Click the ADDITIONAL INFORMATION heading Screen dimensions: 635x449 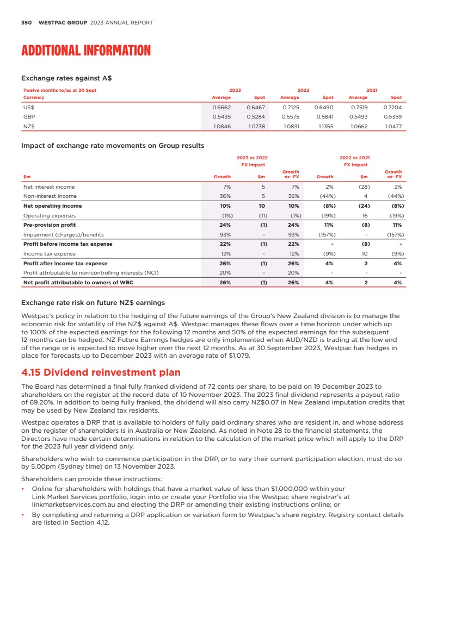coord(85,51)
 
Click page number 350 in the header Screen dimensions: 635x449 coord(26,23)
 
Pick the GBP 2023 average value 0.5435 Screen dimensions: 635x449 coord(221,117)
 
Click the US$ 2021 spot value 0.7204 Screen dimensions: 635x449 coord(392,108)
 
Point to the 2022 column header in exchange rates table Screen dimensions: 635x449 coord(303,90)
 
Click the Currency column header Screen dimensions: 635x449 coord(34,98)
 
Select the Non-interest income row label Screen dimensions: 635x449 coord(50,196)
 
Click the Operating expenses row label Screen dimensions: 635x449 coord(48,215)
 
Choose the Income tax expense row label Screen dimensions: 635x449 coord(49,253)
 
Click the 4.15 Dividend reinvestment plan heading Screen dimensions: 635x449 coord(100,372)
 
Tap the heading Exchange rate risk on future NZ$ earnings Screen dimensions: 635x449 coord(93,302)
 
